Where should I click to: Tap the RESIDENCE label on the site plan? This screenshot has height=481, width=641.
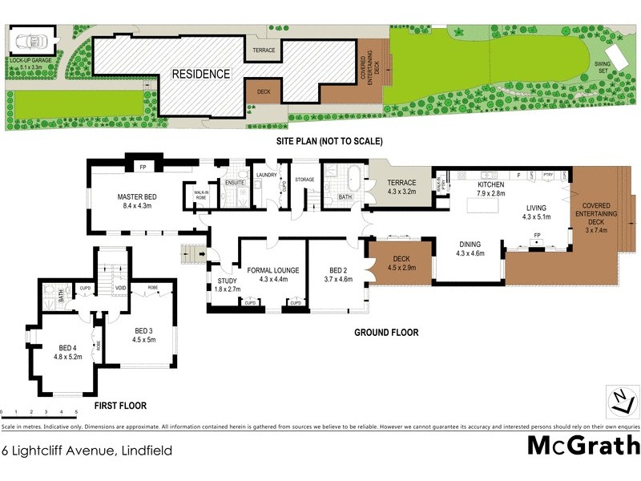tap(201, 74)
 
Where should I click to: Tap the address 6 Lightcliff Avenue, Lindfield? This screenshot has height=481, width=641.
tap(87, 451)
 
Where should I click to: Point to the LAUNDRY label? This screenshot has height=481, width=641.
tap(266, 175)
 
